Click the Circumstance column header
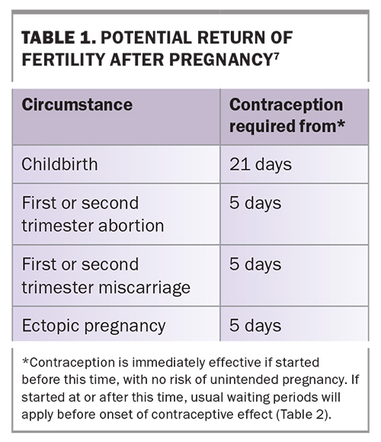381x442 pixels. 77,105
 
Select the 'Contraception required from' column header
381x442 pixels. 287,115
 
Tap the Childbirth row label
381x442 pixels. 59,164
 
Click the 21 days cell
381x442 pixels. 261,165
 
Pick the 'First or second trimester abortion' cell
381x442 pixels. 93,214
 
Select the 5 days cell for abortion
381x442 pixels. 255,203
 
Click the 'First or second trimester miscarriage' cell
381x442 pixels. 106,276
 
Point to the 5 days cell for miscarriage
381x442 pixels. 255,264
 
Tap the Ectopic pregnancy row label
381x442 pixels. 94,326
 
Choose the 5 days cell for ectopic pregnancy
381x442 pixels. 255,325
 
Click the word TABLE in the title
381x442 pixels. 48,37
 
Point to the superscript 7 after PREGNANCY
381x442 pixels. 276,56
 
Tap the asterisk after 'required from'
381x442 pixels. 341,124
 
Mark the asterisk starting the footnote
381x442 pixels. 25,361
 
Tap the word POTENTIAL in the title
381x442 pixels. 146,37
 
